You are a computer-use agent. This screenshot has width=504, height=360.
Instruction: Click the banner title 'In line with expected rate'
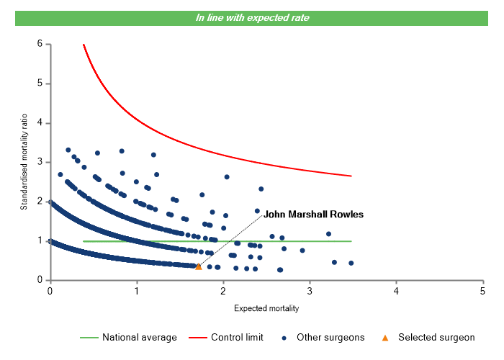point(252,18)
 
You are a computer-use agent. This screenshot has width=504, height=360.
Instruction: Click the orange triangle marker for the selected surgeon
point(199,266)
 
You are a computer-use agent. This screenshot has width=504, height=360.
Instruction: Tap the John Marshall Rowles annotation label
point(313,215)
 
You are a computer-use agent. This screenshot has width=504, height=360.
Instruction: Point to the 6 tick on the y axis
point(40,44)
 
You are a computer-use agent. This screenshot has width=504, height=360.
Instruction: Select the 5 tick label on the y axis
point(40,84)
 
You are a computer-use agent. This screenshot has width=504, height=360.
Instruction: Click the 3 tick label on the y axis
point(40,162)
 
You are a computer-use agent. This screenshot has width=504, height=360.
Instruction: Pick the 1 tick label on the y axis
point(40,240)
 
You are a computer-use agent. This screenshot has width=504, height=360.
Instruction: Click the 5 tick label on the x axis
point(482,291)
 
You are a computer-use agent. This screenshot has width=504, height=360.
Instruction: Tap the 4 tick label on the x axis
point(395,291)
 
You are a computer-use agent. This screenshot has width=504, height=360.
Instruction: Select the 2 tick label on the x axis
point(222,291)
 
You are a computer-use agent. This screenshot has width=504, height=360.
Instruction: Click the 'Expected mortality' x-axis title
point(266,309)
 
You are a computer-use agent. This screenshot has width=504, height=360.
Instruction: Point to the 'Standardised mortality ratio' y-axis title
point(24,162)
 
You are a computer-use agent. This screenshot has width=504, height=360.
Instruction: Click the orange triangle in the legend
point(385,337)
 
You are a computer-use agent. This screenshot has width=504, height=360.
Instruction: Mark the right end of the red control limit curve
point(351,176)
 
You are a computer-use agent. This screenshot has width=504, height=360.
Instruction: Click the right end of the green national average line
point(351,241)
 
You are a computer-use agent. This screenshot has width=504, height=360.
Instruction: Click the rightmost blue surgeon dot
point(351,263)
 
